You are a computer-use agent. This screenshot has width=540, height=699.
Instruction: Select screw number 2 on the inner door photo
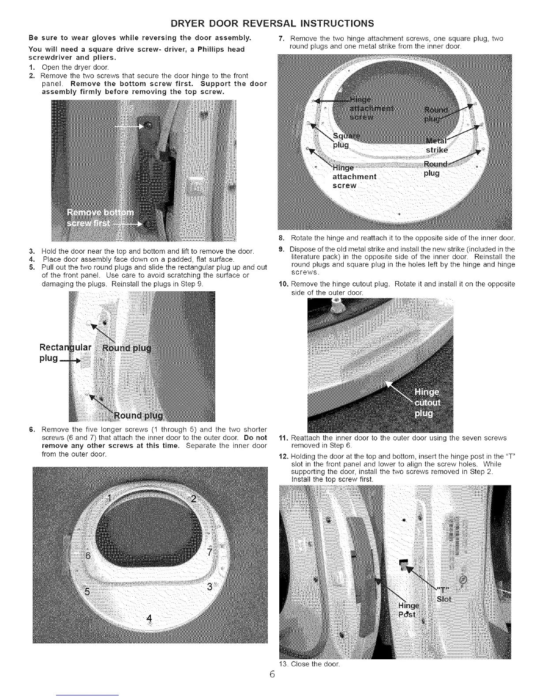193,499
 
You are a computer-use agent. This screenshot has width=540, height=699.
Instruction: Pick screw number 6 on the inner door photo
87,555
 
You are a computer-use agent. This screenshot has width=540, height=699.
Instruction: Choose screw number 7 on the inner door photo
210,552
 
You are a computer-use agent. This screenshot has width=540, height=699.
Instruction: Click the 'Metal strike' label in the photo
436,145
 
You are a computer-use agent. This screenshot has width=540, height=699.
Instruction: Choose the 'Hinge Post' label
410,610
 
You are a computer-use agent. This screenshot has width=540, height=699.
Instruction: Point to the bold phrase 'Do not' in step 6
255,437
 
